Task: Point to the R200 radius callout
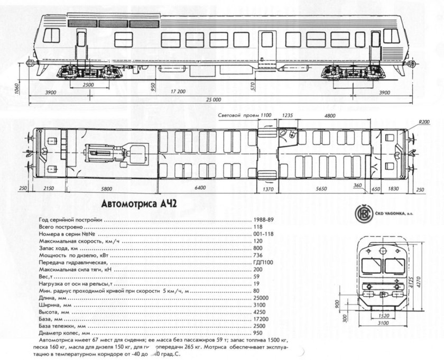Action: [x=424, y=122]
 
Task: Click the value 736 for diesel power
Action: [x=258, y=255]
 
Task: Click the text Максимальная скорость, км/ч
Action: [x=76, y=241]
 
